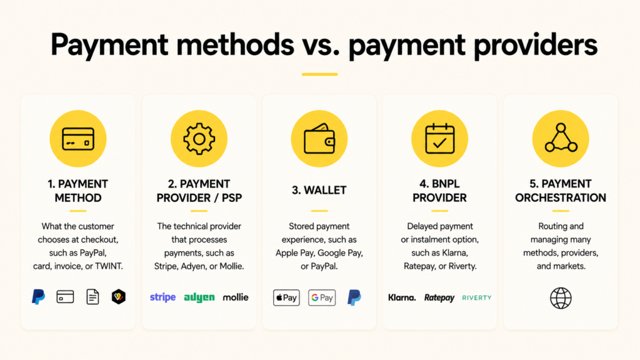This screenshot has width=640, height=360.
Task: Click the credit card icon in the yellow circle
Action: tap(78, 139)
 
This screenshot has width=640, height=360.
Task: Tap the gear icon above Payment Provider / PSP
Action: tap(199, 139)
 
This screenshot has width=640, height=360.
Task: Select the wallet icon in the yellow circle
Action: tap(319, 138)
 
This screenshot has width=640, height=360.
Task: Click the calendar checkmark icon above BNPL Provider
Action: tap(439, 139)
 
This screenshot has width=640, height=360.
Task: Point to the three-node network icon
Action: tap(561, 138)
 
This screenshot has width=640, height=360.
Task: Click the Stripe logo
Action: tap(163, 297)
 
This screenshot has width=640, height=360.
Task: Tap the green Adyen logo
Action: tap(199, 297)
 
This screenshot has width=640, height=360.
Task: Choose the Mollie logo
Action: tap(236, 297)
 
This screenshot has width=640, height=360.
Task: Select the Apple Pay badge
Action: tap(286, 297)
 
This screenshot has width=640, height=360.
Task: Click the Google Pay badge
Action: tap(322, 297)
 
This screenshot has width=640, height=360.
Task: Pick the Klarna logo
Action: tap(402, 297)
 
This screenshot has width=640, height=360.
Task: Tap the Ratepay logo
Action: tap(439, 298)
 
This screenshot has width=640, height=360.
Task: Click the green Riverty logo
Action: tap(477, 297)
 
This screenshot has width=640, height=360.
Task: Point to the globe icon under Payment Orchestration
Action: tap(561, 298)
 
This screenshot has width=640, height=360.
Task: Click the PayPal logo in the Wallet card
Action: tap(354, 297)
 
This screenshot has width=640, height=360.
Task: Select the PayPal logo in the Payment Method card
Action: tap(38, 297)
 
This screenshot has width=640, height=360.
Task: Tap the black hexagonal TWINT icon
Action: tap(119, 297)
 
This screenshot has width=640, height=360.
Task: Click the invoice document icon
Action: tap(92, 297)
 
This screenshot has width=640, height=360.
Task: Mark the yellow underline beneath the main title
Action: tap(319, 74)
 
